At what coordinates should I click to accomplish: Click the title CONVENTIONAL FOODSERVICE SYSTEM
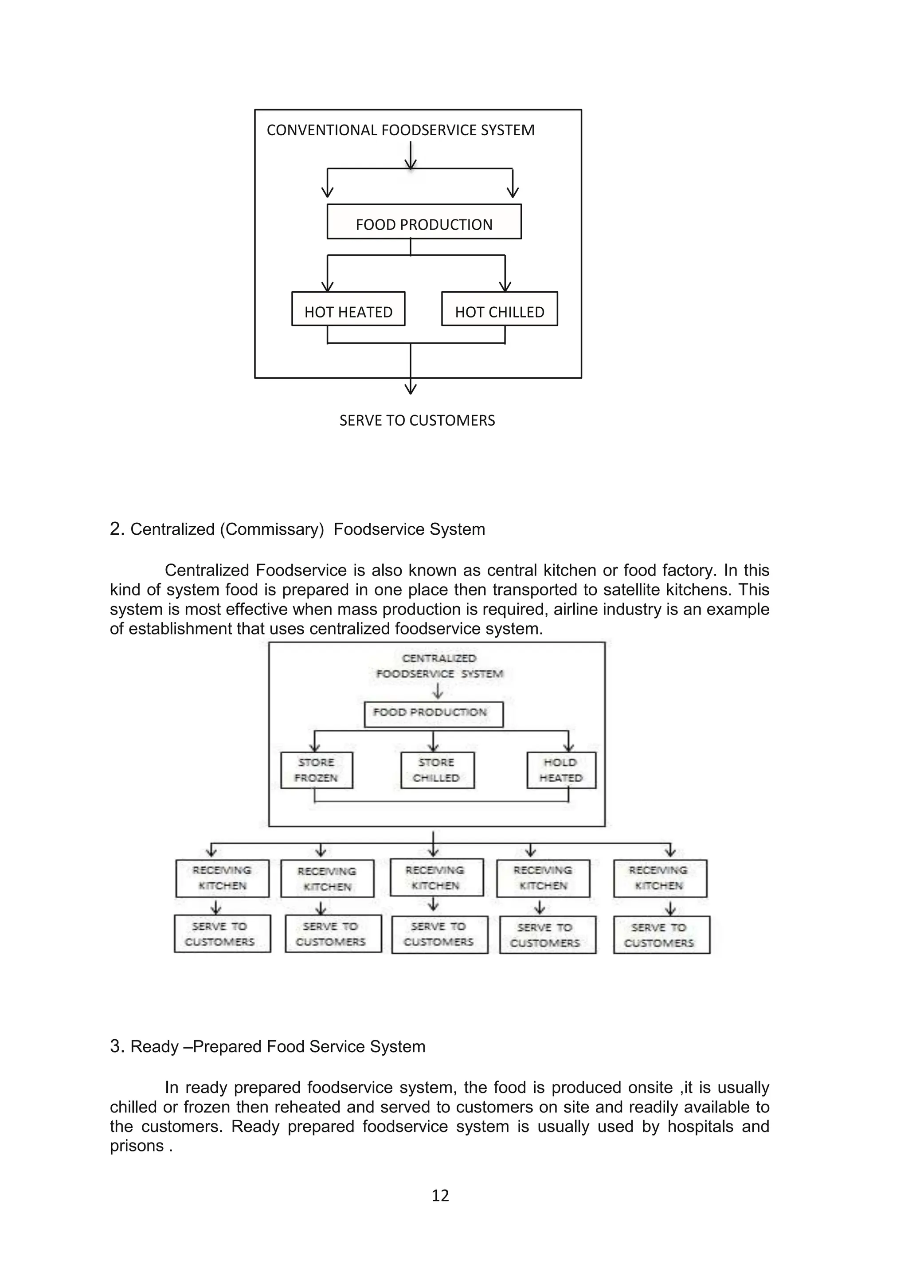400,130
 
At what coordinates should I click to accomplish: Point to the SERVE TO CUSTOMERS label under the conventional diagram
417,421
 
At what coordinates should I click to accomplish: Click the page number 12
440,1196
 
